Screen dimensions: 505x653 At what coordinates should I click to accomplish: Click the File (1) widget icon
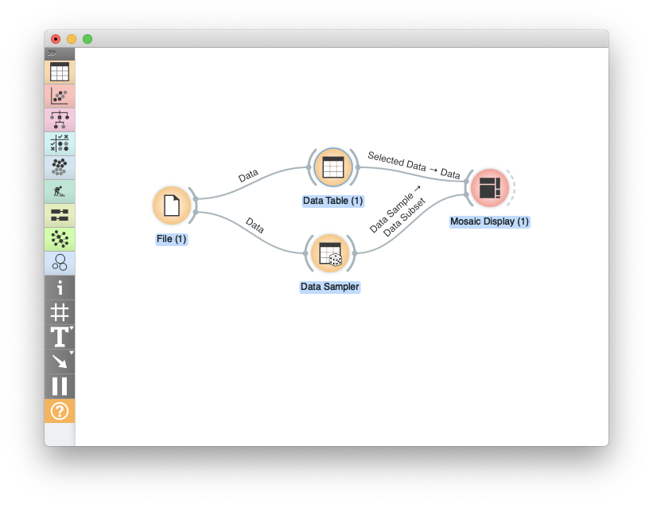pos(171,206)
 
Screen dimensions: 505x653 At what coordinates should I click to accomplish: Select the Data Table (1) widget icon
pos(332,167)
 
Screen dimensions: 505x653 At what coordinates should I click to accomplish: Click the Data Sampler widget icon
pos(329,253)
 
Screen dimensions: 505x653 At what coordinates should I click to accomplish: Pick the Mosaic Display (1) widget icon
pos(489,188)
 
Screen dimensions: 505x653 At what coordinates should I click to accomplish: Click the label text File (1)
pos(171,239)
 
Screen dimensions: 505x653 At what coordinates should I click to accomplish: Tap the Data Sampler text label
pos(329,287)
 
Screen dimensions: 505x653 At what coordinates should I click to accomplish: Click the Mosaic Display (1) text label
pos(489,221)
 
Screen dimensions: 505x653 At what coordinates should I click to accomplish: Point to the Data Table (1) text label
pos(332,201)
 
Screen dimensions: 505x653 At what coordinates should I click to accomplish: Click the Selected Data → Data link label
pos(414,165)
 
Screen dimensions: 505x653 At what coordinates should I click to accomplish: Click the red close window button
pos(56,39)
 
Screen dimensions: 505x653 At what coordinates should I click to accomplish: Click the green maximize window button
pos(87,39)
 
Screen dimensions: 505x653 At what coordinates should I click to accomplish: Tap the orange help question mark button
pos(60,411)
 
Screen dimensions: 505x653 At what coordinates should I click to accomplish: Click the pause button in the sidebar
pos(60,386)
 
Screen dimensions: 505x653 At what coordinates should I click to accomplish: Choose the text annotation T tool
pos(60,337)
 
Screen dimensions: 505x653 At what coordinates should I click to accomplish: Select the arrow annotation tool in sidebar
pos(60,362)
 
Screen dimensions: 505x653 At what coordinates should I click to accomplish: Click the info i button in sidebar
pos(60,288)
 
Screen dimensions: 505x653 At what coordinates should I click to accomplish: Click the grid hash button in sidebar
pos(60,312)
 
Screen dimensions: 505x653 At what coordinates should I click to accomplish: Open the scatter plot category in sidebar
pos(60,96)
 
